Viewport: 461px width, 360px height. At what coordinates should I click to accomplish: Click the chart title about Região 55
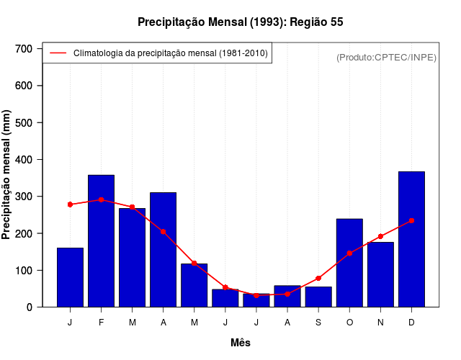(x=241, y=22)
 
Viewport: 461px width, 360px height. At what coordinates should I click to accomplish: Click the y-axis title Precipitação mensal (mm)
(x=7, y=175)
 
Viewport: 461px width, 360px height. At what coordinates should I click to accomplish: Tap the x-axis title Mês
(x=241, y=343)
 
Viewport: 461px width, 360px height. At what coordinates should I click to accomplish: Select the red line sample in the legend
(x=58, y=53)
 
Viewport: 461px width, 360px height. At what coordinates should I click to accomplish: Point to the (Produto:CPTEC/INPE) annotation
(x=386, y=57)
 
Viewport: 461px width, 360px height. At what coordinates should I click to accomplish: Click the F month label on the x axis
(x=102, y=323)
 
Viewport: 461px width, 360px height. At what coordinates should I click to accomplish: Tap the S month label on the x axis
(x=318, y=323)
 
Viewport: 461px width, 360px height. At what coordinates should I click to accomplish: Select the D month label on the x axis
(x=411, y=323)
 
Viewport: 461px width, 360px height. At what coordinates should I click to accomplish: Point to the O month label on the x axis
(x=349, y=323)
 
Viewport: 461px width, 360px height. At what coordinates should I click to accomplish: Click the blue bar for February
(x=102, y=241)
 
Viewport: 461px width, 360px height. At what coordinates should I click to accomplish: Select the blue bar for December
(x=411, y=239)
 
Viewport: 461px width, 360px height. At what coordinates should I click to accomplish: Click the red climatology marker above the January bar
(x=70, y=204)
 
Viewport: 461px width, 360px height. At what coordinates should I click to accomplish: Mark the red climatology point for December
(x=411, y=220)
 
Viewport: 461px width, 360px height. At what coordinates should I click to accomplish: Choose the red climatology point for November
(x=380, y=236)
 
